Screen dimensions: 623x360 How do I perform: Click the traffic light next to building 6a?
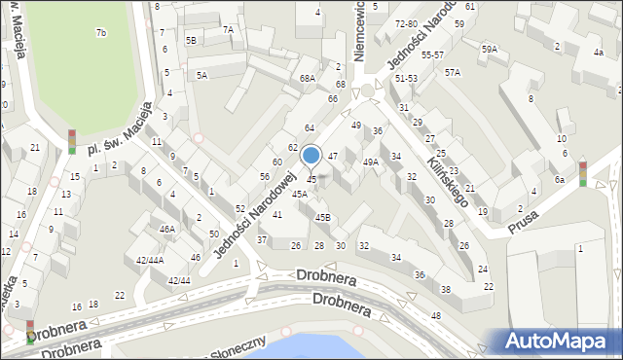(583, 173)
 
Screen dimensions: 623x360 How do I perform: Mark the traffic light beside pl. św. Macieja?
(72, 142)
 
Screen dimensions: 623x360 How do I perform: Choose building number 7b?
(100, 33)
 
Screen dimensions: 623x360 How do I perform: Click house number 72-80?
(406, 23)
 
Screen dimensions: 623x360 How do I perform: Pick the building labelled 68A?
(308, 78)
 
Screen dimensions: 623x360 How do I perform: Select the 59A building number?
(489, 49)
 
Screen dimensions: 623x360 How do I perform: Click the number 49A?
(371, 162)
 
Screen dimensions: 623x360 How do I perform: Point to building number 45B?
(322, 217)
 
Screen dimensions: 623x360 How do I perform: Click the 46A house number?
(167, 230)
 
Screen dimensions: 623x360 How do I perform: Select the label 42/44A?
(150, 260)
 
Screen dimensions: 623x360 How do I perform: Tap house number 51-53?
(406, 78)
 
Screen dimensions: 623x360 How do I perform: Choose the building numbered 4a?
(597, 53)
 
